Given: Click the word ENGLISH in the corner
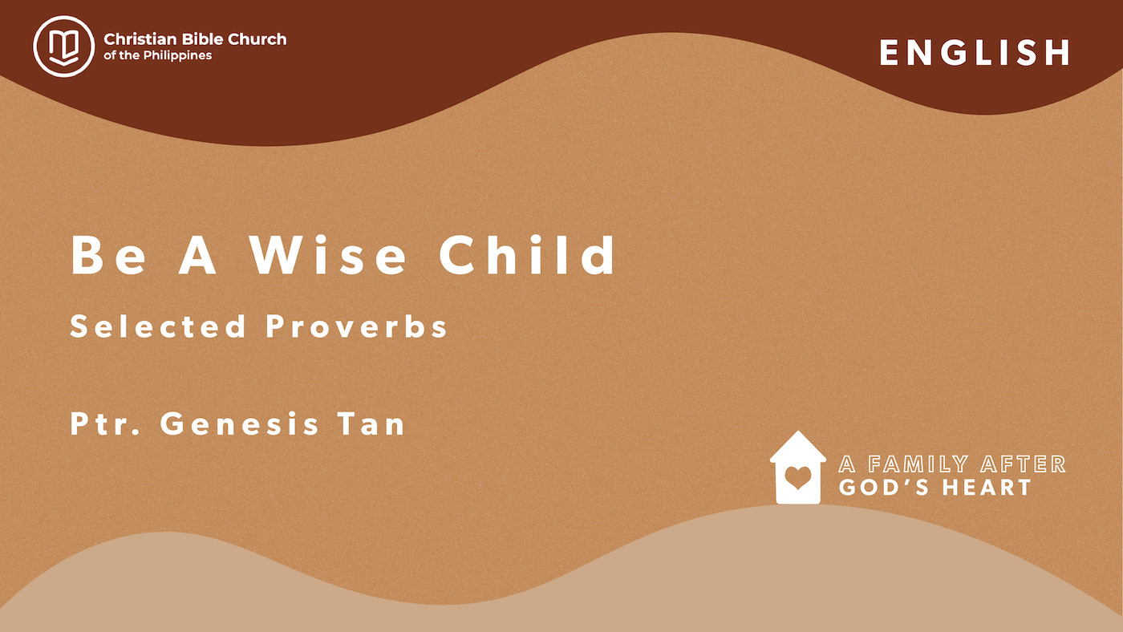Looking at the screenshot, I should (x=975, y=53).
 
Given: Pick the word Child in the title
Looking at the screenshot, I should (x=528, y=254).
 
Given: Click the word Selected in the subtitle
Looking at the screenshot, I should (x=158, y=326).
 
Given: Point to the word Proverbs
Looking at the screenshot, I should (x=356, y=327).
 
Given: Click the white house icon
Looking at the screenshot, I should (x=798, y=469).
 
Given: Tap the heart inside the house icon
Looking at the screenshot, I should (x=798, y=478).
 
